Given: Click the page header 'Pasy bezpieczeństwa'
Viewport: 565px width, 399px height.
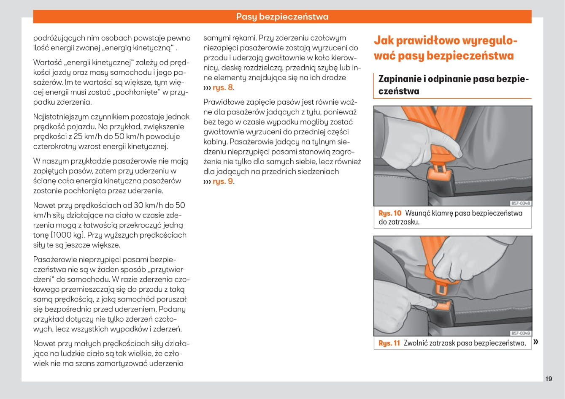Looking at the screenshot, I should coord(282,17).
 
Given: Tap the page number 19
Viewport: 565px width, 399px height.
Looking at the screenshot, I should coord(548,379).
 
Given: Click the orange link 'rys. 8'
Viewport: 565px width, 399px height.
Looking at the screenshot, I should coord(222,87).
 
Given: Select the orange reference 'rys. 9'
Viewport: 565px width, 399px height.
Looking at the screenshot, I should coord(223,182).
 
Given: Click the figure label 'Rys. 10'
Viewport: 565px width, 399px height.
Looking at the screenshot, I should coord(389,213).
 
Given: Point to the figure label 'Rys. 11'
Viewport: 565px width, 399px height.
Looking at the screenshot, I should coord(389,343).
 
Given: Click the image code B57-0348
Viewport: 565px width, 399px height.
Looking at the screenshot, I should coord(520,204).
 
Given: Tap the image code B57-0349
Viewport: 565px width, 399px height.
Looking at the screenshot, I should coord(520,333).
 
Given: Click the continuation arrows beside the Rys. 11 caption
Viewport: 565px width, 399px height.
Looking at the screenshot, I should coord(536,342).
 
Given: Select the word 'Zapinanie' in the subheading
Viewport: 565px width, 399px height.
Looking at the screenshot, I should coord(400,79).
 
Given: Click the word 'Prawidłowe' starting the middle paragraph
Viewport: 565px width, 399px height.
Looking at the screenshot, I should coord(223,102).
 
